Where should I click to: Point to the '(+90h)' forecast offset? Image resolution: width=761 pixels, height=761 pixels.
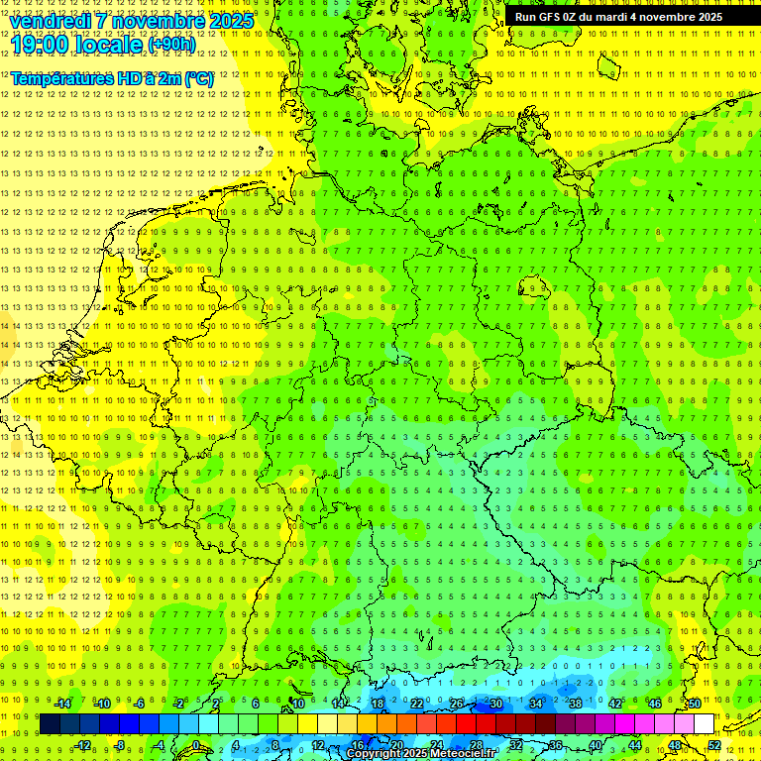(170, 45)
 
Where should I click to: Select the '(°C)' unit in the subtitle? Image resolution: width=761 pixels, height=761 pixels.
(197, 77)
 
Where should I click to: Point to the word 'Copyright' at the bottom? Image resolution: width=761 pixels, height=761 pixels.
(373, 754)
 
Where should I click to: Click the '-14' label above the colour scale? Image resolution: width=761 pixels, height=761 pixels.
(62, 704)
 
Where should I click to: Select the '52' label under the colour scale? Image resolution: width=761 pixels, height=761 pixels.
(714, 745)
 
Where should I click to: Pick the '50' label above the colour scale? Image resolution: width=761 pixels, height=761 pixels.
(695, 704)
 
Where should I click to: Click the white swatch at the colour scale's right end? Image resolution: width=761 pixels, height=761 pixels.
(704, 724)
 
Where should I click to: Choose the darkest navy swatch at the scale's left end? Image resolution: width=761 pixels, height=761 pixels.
(50, 724)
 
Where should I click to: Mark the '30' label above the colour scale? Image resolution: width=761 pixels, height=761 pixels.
(495, 704)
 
